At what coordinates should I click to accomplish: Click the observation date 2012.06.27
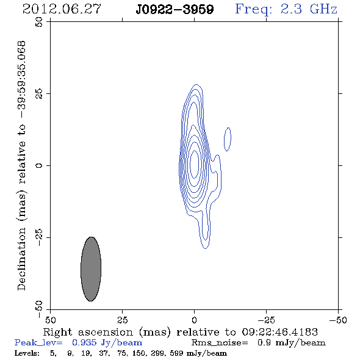62,9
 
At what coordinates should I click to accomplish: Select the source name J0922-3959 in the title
175,10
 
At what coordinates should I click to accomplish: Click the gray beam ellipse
91,269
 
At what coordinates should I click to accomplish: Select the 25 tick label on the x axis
123,320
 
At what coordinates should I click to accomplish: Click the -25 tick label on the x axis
266,320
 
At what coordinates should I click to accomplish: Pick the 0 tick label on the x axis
195,320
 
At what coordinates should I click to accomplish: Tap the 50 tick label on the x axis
51,320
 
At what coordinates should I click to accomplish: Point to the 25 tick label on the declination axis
39,94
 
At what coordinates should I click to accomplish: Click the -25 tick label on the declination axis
39,237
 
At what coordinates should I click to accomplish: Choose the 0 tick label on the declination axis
39,165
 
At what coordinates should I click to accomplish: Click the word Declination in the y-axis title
21,259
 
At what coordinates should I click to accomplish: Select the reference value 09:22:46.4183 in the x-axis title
279,332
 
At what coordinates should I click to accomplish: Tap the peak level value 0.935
84,342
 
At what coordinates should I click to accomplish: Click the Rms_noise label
220,343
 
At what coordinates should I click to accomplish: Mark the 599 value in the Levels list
176,353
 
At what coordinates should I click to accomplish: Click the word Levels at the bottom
27,353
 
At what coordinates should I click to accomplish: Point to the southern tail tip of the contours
205,249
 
